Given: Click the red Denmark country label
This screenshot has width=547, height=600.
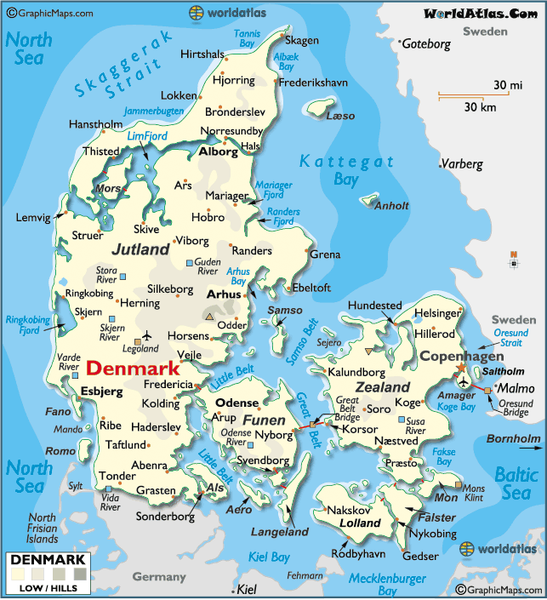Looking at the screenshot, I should click(x=134, y=369).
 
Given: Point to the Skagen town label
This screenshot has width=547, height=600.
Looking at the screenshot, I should click(x=302, y=40).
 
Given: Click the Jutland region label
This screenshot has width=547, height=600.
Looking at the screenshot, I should click(x=140, y=250).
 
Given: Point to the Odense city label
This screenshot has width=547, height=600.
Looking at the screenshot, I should click(x=237, y=403).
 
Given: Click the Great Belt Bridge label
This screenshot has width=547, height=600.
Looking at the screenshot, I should click(x=347, y=409).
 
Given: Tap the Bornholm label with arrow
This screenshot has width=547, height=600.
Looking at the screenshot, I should click(x=513, y=439).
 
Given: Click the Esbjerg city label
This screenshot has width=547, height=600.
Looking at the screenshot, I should click(x=102, y=391).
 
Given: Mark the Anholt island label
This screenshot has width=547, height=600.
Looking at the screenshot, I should click(x=392, y=205).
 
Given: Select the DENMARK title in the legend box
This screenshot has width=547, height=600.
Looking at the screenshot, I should click(x=48, y=559).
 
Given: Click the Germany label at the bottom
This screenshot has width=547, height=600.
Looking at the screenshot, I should click(x=158, y=577).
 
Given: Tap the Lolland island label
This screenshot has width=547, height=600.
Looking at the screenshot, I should click(x=360, y=523).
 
